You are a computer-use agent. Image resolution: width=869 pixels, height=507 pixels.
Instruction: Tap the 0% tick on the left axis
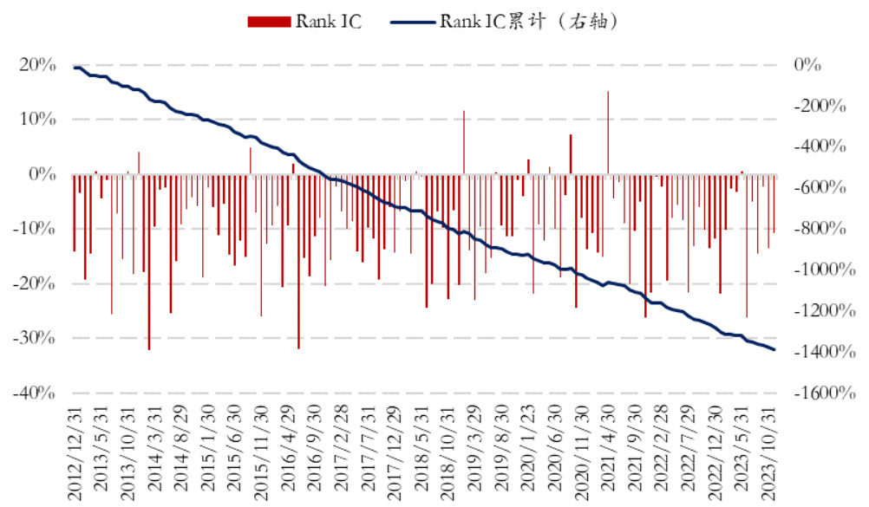(43, 174)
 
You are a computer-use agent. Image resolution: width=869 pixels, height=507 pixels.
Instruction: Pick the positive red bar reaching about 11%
(464, 143)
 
